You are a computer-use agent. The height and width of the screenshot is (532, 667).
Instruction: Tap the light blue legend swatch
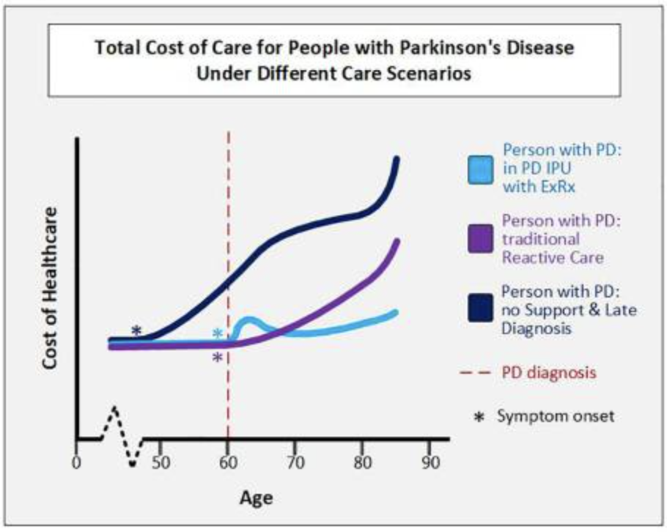pos(482,169)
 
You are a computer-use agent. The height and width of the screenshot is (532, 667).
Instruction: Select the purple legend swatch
pos(482,240)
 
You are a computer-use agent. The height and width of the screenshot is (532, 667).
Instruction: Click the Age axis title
pos(256,498)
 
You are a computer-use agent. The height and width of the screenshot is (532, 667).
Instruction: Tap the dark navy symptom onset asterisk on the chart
pos(136,330)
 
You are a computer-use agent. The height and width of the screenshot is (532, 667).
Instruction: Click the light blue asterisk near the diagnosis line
pos(218,334)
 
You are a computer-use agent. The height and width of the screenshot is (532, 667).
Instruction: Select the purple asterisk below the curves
pos(218,358)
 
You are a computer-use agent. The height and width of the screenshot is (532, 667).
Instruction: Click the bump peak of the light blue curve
pos(248,320)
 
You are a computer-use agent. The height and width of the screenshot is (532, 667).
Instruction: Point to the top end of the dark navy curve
pos(397,159)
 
